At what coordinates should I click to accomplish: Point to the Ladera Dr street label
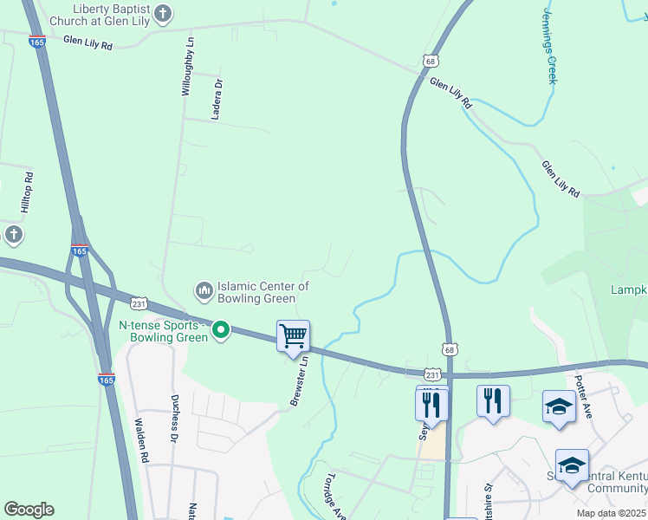click(x=218, y=95)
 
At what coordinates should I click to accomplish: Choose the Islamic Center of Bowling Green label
click(x=263, y=292)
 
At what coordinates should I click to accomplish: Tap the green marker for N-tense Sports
click(x=221, y=329)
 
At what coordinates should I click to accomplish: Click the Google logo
click(x=29, y=510)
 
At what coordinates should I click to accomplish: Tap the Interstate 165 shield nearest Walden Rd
click(x=107, y=380)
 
